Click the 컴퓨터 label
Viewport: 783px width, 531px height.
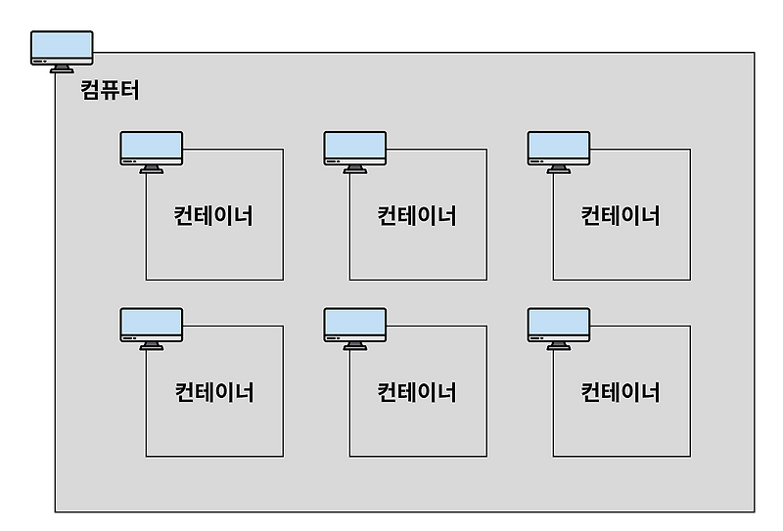pyautogui.click(x=110, y=92)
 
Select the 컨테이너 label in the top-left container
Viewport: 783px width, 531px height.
pyautogui.click(x=213, y=215)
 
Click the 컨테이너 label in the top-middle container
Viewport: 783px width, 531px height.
pyautogui.click(x=417, y=215)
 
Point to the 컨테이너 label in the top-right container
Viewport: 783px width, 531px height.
pyautogui.click(x=621, y=215)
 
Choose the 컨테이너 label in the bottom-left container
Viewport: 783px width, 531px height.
pyautogui.click(x=213, y=392)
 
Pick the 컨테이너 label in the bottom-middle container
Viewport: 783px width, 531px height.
pyautogui.click(x=417, y=392)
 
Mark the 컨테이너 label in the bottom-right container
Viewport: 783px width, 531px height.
pyautogui.click(x=621, y=392)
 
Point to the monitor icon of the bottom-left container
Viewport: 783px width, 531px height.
pyautogui.click(x=152, y=329)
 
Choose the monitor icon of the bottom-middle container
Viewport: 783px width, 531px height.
pyautogui.click(x=355, y=329)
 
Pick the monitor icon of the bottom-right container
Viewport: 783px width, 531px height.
pyautogui.click(x=559, y=329)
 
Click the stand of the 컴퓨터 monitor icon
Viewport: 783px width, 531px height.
pyautogui.click(x=62, y=68)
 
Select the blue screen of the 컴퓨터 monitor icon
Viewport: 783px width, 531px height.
pyautogui.click(x=62, y=44)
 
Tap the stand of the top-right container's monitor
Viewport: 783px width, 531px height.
pyautogui.click(x=559, y=169)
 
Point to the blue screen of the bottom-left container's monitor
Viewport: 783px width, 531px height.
pyautogui.click(x=152, y=322)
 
